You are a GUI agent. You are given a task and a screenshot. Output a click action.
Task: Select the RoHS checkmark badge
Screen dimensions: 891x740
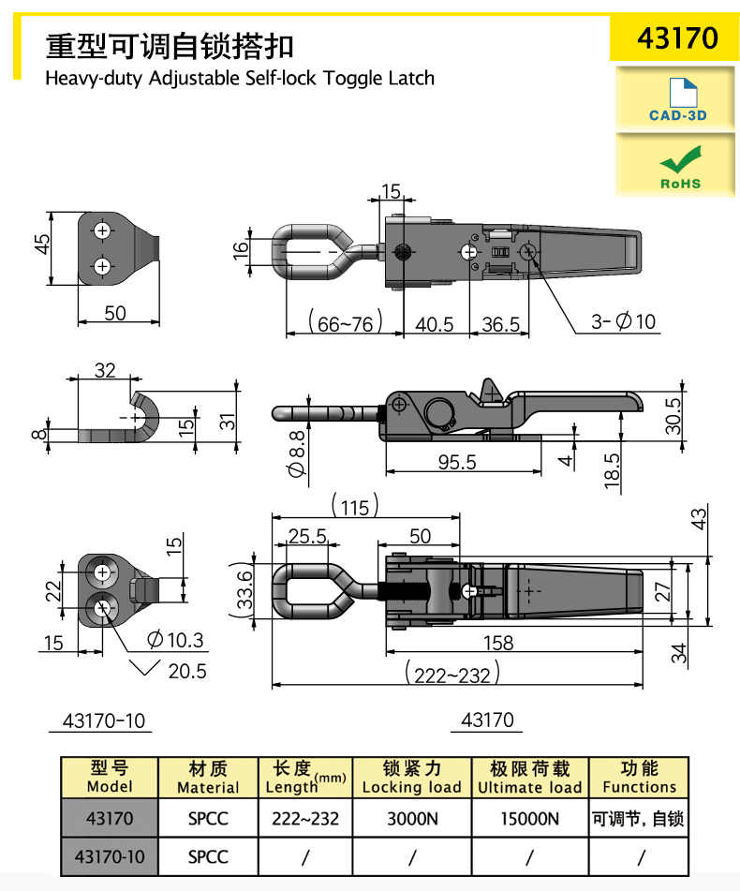[676, 166]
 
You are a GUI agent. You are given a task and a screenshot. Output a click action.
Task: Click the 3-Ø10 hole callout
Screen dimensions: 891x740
[624, 322]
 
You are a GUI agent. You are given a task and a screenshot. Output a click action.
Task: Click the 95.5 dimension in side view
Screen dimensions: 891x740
[457, 462]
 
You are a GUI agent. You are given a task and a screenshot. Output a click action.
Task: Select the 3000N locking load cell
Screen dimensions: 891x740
[411, 818]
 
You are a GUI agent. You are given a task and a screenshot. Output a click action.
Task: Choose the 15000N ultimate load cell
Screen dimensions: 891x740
[529, 818]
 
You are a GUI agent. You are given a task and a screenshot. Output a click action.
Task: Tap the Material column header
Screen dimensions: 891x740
[208, 778]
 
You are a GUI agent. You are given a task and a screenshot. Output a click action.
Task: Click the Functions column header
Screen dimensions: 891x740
[639, 778]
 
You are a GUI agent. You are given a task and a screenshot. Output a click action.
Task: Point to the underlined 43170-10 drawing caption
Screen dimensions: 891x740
[104, 720]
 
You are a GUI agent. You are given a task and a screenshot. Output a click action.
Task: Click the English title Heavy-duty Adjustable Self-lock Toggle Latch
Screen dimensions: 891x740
[240, 78]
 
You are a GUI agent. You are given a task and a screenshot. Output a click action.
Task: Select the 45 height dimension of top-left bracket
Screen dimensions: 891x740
[42, 244]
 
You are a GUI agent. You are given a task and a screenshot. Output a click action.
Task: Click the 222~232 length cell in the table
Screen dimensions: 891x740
[305, 818]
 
